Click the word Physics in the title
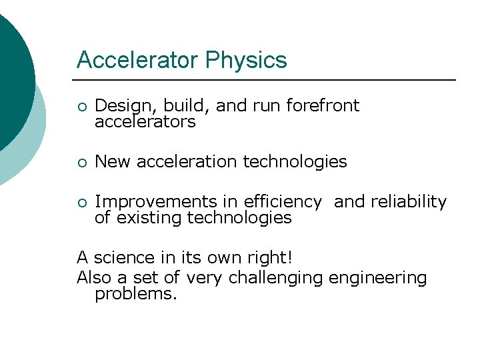tap(246, 61)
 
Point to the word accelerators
tap(145, 122)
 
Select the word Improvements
tap(156, 202)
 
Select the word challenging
tap(276, 278)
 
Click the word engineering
tap(378, 278)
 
